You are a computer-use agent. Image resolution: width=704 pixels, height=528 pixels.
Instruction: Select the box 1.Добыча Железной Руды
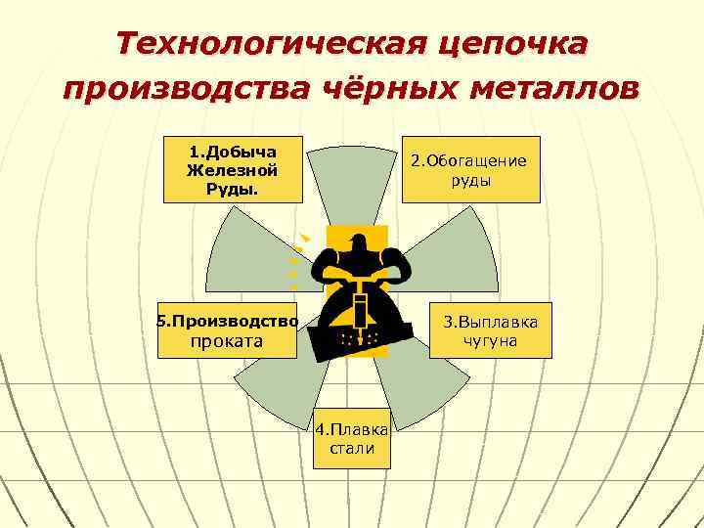tap(233, 169)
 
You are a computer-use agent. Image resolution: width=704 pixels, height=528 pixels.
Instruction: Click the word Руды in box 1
tap(232, 188)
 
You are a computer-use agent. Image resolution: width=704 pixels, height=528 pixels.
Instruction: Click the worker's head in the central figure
tap(357, 242)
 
